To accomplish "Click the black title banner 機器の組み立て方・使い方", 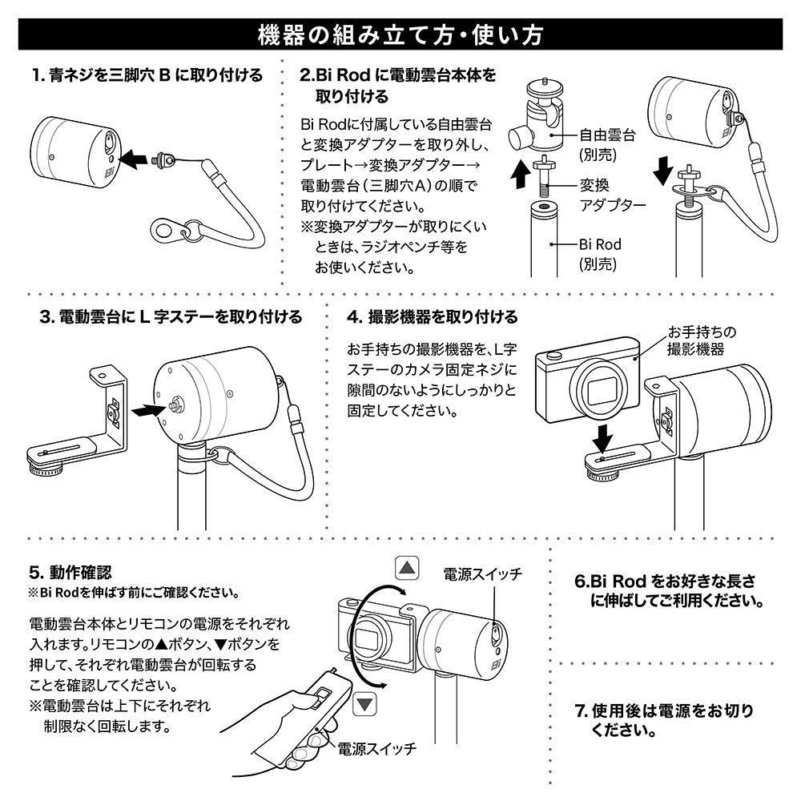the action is tap(400, 34).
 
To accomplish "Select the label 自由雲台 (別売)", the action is tap(607, 144).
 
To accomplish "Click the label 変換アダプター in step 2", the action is tap(612, 195).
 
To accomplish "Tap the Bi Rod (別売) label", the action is tap(600, 254).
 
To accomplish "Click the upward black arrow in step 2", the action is tap(521, 175).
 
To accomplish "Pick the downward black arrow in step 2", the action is tap(663, 171).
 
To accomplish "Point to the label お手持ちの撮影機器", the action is tap(702, 340).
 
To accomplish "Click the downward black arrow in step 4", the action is tap(603, 439).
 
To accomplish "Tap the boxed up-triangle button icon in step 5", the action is tap(407, 568).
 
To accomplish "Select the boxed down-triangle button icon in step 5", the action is tap(364, 704).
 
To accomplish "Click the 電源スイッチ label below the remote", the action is tap(377, 749).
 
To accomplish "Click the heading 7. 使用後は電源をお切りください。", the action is tap(664, 720).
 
